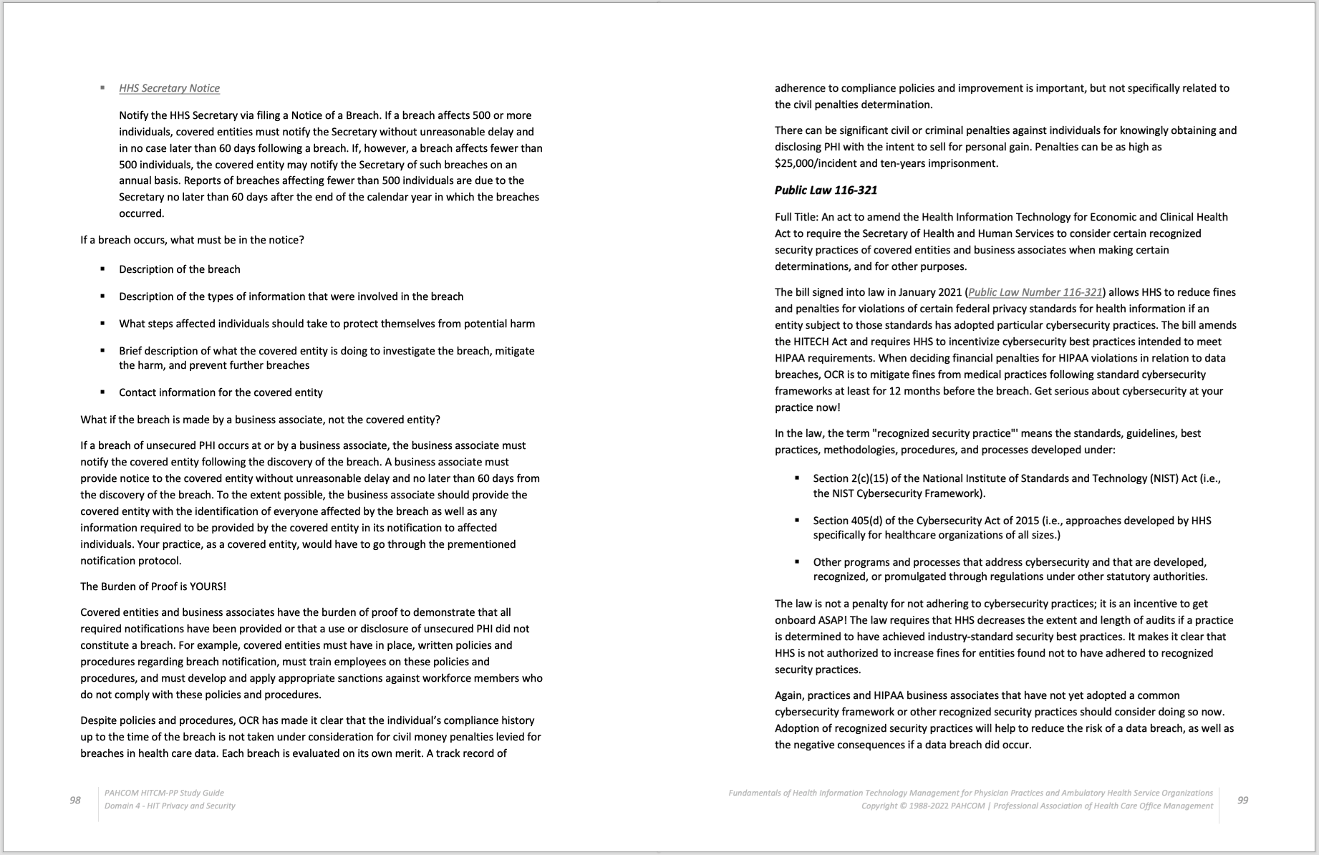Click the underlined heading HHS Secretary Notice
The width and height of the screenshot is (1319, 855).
[x=169, y=88]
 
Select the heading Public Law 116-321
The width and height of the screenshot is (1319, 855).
[x=826, y=190]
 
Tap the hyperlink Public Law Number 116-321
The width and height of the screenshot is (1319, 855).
[x=1035, y=292]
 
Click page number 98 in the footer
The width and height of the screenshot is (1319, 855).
[x=75, y=800]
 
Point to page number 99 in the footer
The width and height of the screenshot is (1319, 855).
[x=1242, y=800]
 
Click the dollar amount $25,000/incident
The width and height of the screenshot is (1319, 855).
[x=815, y=163]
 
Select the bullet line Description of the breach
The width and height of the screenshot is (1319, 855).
[x=179, y=269]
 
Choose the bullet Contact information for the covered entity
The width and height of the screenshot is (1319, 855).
[x=221, y=392]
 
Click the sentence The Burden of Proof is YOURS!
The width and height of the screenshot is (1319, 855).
[x=153, y=586]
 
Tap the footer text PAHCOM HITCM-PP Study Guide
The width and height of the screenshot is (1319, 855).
[x=164, y=793]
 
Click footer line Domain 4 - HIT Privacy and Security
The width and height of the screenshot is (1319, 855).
[x=170, y=806]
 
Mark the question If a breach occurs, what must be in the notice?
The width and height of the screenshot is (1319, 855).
[x=192, y=240]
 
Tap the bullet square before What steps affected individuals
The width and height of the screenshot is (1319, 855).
[x=103, y=324]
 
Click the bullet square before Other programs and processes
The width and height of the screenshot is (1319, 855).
[x=797, y=562]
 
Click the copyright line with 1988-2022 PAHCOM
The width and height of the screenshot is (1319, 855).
[x=1037, y=806]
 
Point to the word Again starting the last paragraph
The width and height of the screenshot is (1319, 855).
[x=789, y=695]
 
